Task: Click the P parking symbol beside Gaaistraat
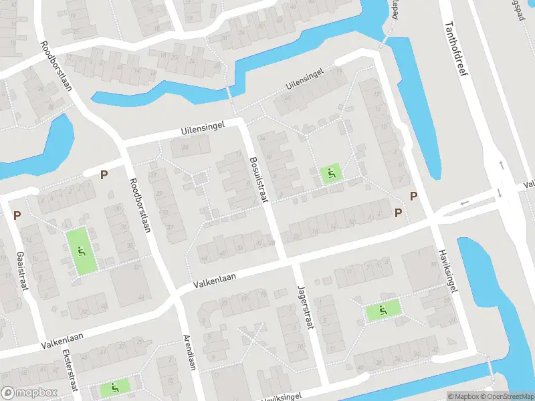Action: pyautogui.click(x=17, y=216)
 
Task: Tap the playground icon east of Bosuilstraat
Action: pyautogui.click(x=330, y=174)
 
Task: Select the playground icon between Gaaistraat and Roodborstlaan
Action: pyautogui.click(x=81, y=251)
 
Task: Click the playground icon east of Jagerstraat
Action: pyautogui.click(x=383, y=310)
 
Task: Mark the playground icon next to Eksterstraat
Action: pyautogui.click(x=114, y=387)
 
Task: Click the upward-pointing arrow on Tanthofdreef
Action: pyautogui.click(x=500, y=164)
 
